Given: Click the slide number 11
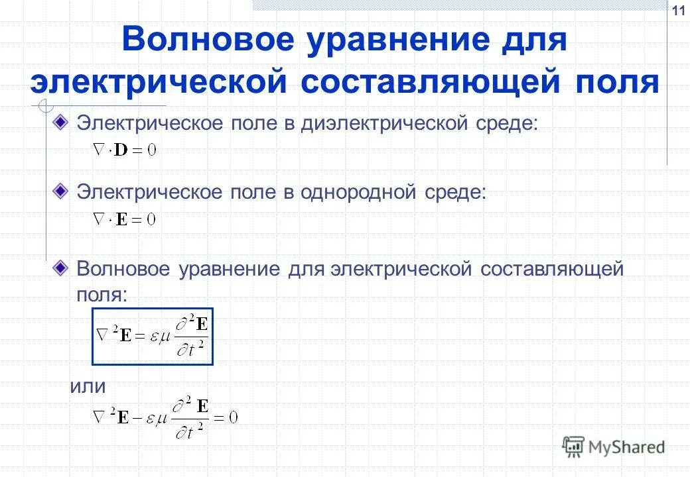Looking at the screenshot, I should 678,11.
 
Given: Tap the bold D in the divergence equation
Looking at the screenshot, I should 122,150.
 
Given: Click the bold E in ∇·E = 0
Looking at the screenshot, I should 121,219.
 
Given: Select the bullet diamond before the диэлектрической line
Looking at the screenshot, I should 60,122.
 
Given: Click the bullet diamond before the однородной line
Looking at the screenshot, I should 60,191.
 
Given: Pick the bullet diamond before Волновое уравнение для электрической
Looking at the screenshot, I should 60,268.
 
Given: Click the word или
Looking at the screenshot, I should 88,386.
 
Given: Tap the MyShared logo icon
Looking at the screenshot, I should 573,447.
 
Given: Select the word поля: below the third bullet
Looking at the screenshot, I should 101,295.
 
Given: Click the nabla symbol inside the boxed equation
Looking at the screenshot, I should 103,335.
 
